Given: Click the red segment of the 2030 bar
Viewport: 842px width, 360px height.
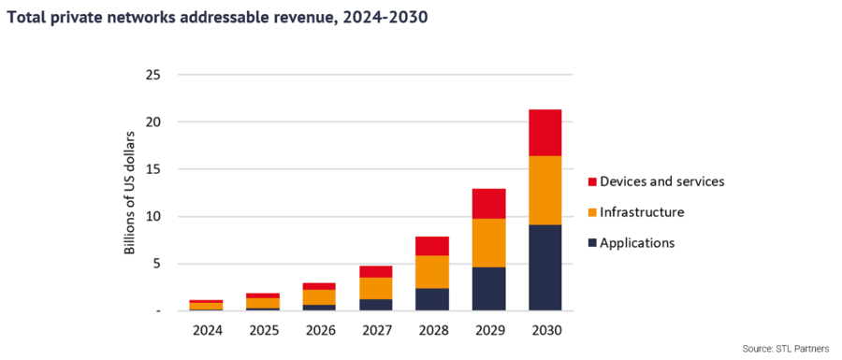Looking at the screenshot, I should [x=544, y=133].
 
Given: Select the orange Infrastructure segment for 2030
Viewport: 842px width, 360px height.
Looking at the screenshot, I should [x=544, y=190].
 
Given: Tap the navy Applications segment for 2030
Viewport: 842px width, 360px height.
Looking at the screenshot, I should [x=544, y=267].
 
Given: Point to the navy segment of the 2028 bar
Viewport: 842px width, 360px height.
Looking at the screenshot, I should [x=431, y=299].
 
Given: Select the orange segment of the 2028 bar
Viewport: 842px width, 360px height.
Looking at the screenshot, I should [x=431, y=272].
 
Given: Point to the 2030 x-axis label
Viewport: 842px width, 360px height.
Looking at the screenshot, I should [x=544, y=329].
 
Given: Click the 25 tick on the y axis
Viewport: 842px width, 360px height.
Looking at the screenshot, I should [x=152, y=75].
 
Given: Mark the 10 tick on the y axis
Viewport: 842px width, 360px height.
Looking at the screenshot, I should [x=152, y=216].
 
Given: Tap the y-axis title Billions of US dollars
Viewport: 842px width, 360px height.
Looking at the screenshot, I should [x=130, y=193].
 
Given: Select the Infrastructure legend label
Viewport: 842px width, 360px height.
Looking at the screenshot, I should [x=642, y=212].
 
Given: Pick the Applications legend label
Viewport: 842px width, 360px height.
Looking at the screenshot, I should [x=636, y=243].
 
